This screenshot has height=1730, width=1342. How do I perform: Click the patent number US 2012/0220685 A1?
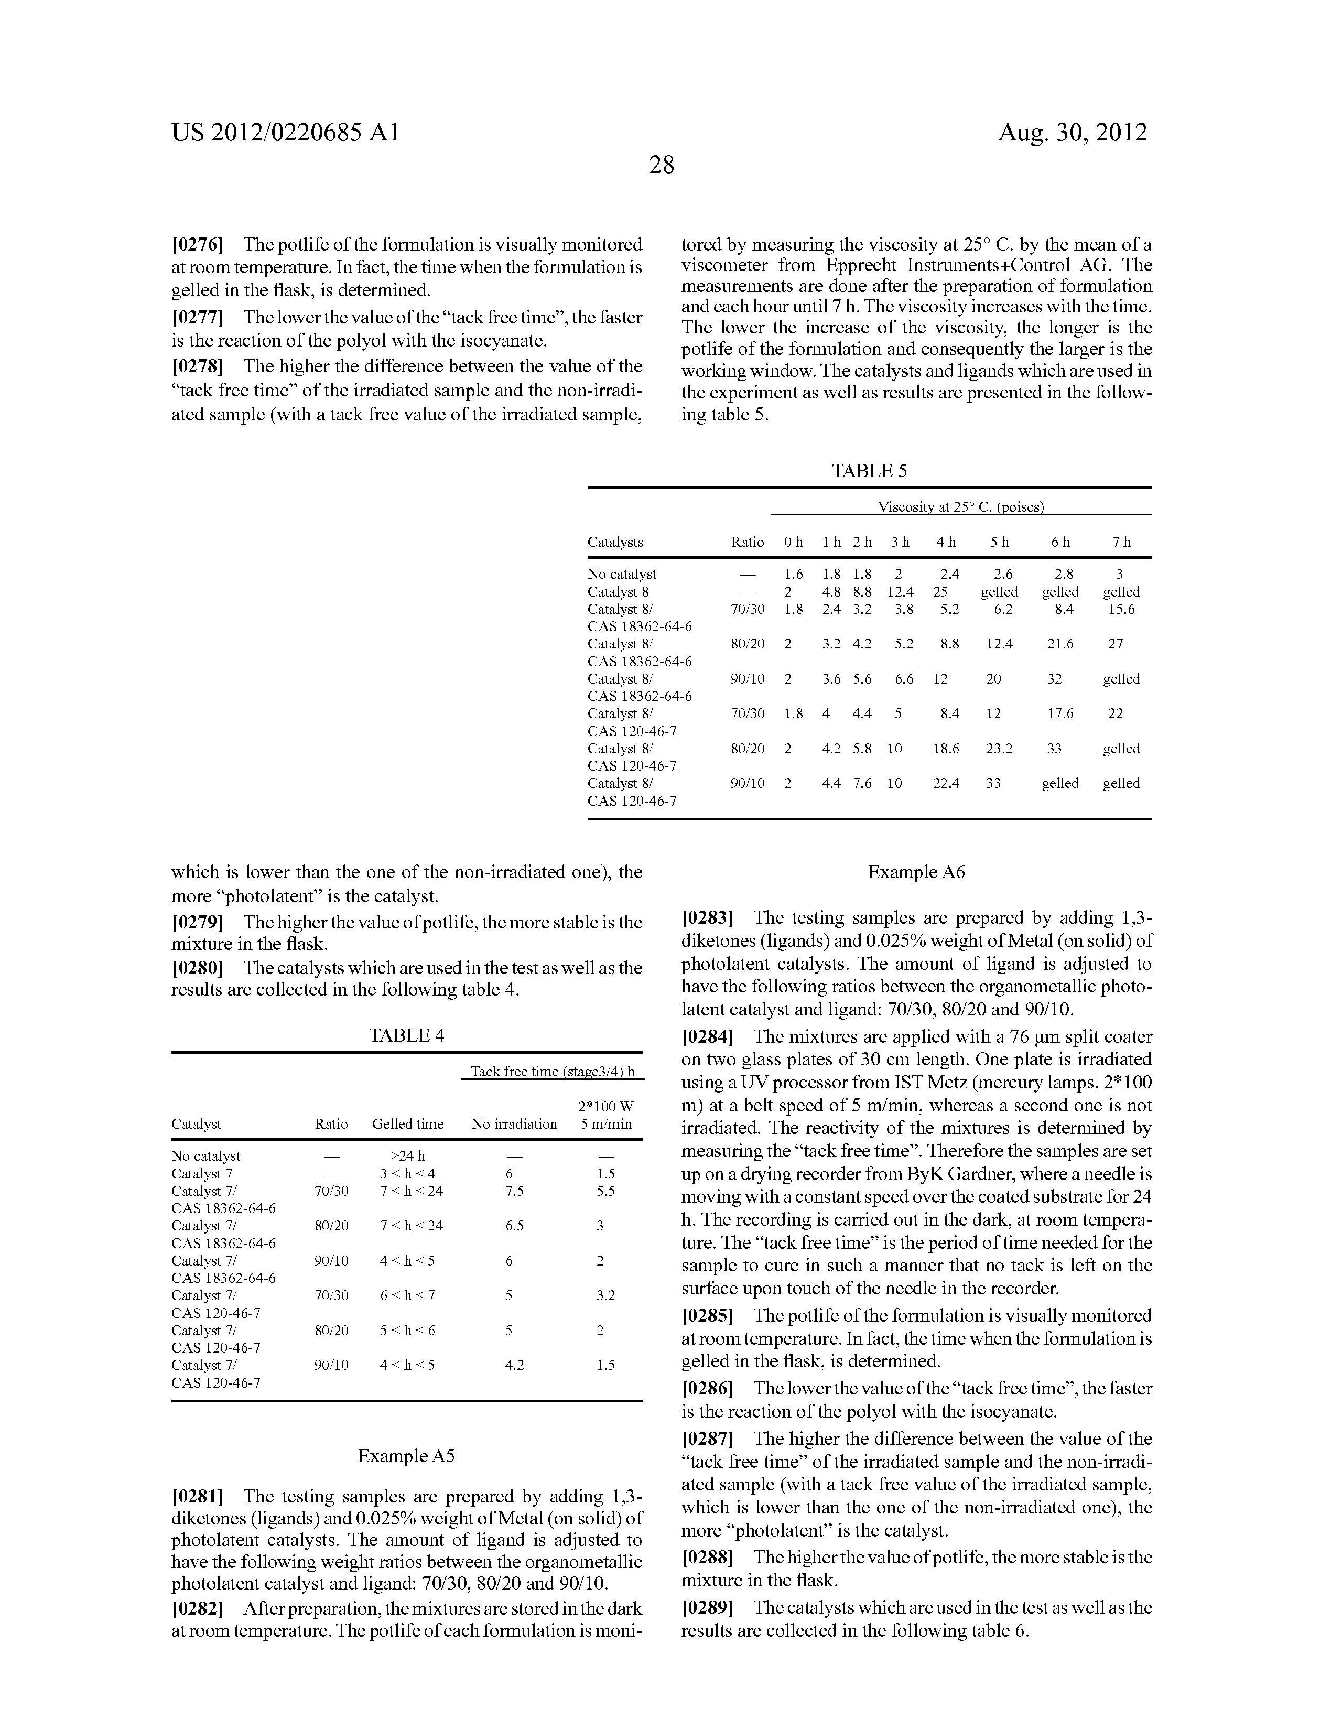[285, 132]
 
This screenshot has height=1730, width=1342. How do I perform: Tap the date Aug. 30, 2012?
[1072, 132]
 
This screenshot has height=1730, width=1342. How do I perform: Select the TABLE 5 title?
[869, 471]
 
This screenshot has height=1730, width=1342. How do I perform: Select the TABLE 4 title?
[406, 1035]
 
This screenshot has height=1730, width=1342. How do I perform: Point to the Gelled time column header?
[407, 1124]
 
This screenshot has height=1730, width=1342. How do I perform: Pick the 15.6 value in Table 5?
[1121, 609]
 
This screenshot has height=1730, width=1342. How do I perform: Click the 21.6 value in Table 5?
[1060, 644]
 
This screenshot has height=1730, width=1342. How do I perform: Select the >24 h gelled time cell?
[407, 1156]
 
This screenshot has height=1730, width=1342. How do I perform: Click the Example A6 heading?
[916, 872]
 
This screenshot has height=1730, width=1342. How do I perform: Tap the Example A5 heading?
[406, 1456]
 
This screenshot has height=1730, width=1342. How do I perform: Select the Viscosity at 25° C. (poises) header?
[960, 507]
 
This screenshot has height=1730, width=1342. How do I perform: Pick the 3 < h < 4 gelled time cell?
[407, 1174]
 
